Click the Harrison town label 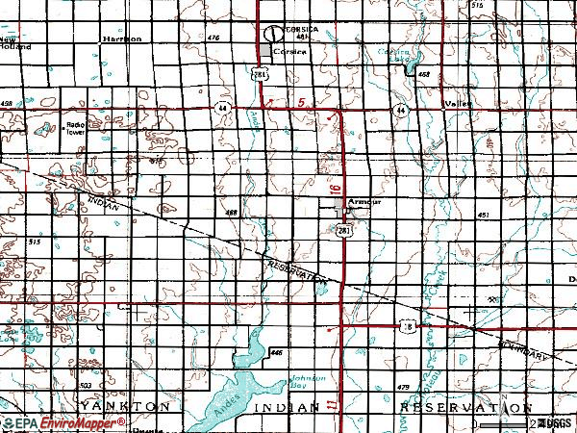click(x=122, y=38)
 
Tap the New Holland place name click(x=14, y=42)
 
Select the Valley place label click(x=455, y=103)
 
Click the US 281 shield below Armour click(x=343, y=229)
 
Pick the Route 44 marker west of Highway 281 click(x=222, y=106)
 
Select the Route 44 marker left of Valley click(x=400, y=111)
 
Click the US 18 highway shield click(x=406, y=328)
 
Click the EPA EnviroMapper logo click(x=46, y=423)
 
